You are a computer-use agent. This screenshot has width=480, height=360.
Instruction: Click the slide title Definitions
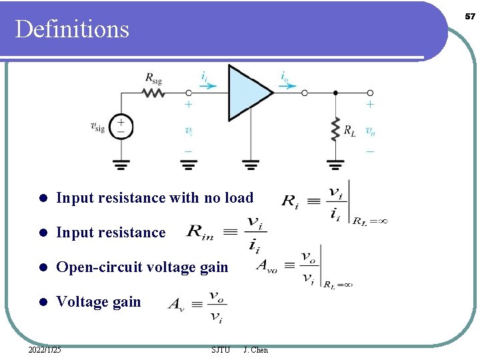tap(72, 29)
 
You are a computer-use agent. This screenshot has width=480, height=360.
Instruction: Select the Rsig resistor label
tap(153, 78)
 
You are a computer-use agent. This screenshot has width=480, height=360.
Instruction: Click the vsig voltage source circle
tap(121, 127)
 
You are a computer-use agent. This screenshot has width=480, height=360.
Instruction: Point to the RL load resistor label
tap(349, 131)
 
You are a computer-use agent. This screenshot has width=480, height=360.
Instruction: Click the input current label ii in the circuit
tap(204, 77)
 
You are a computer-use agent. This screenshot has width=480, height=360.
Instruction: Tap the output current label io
tap(285, 77)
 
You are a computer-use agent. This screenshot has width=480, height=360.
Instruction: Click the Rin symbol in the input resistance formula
tap(203, 231)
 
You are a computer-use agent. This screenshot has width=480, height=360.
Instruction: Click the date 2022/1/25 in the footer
tap(45, 349)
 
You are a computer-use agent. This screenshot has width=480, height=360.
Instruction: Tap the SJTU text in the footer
tap(220, 349)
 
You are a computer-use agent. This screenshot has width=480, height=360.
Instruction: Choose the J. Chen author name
tap(256, 349)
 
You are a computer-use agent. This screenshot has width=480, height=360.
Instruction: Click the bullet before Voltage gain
tap(42, 303)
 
